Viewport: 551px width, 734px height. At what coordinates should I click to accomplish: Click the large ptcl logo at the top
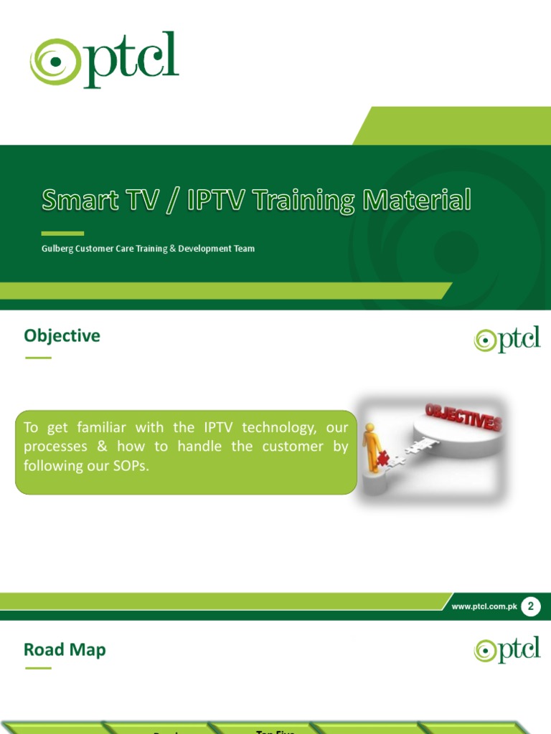[x=104, y=60]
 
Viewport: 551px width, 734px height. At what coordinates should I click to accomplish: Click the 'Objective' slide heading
[x=62, y=335]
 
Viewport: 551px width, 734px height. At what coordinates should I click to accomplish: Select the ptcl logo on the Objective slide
[x=507, y=339]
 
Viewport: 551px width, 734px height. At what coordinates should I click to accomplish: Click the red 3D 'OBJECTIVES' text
[x=463, y=417]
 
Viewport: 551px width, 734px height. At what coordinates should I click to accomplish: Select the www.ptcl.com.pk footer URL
[x=484, y=607]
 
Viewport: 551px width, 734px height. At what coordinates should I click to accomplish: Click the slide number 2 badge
[x=530, y=607]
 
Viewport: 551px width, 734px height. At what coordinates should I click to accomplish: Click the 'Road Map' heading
[x=65, y=649]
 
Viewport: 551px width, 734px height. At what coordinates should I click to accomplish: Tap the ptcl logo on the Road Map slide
[x=507, y=649]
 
